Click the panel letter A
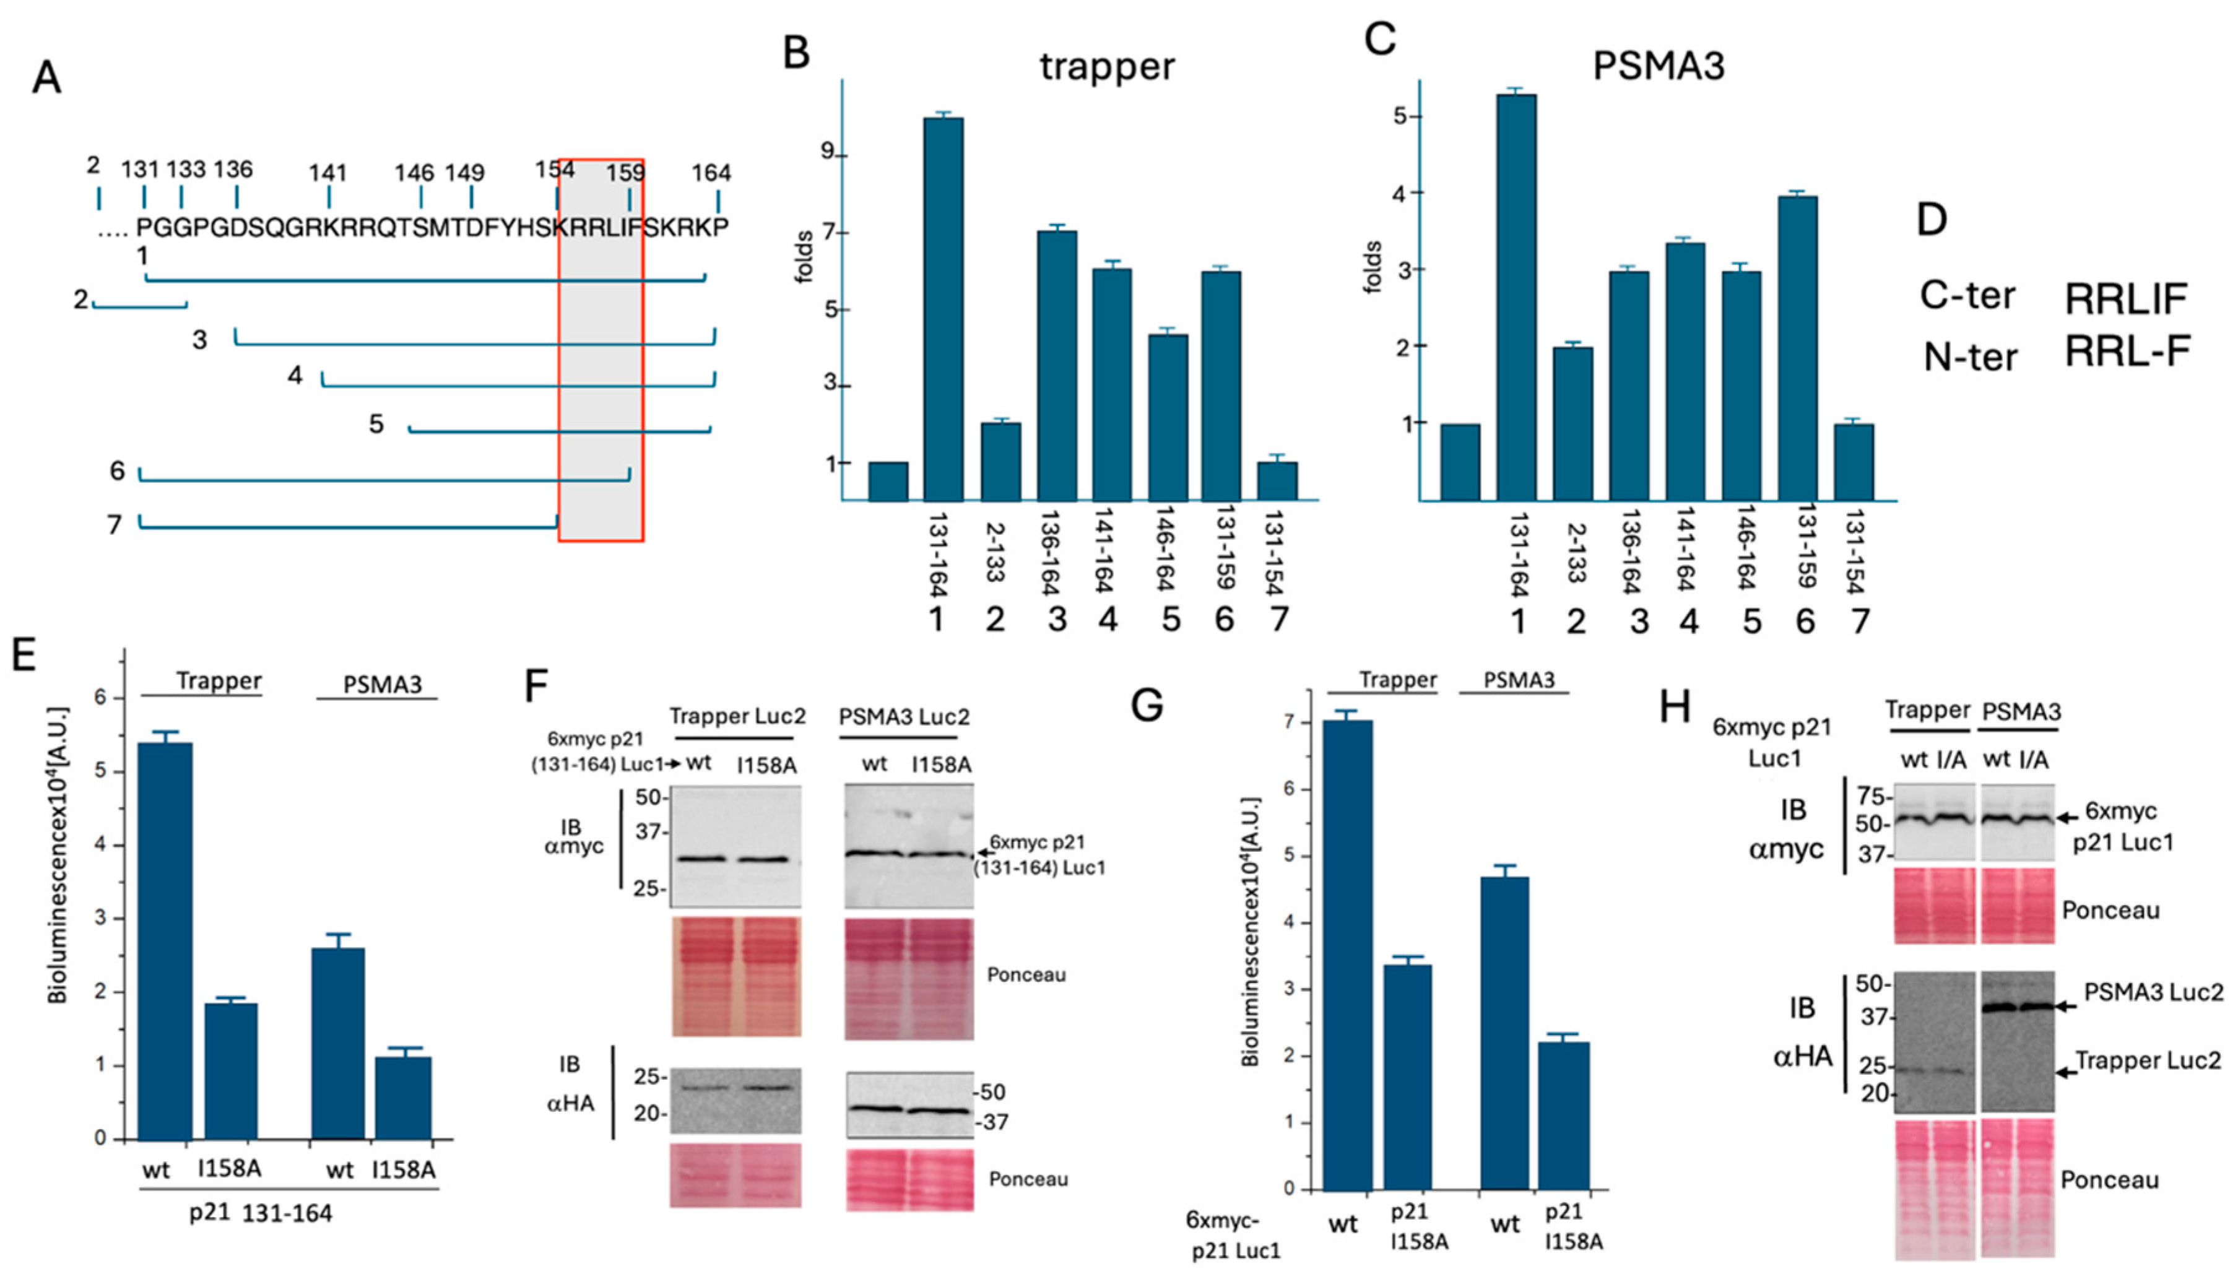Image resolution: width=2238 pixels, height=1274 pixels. [46, 78]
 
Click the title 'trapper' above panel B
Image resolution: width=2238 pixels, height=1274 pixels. [1107, 66]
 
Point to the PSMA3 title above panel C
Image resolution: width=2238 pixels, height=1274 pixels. [1658, 66]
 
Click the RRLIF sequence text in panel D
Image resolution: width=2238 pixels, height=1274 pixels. [2125, 299]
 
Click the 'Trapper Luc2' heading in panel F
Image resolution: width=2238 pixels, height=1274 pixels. [737, 717]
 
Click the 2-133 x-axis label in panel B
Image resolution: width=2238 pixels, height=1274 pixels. [995, 553]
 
